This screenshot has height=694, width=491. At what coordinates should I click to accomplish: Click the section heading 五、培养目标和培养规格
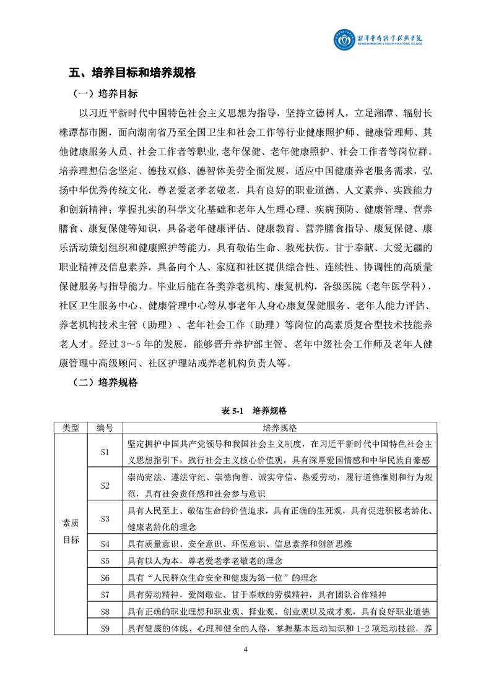[x=133, y=73]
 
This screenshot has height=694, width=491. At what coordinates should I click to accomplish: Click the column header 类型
[x=71, y=427]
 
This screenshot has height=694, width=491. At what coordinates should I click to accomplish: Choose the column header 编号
[x=105, y=427]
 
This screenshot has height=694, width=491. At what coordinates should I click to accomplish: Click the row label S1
[x=105, y=452]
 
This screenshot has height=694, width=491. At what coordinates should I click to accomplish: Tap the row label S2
[x=105, y=485]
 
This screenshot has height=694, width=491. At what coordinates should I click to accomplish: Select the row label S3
[x=105, y=518]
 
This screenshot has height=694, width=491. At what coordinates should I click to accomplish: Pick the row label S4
[x=105, y=544]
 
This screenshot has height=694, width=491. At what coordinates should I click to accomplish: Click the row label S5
[x=105, y=561]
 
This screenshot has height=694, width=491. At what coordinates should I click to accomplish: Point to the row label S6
[x=105, y=578]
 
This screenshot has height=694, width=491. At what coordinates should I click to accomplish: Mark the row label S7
[x=105, y=594]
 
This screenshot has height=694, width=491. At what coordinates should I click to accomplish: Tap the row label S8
[x=105, y=612]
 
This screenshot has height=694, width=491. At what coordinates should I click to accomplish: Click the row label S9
[x=105, y=628]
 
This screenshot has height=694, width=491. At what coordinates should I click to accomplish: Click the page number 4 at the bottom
[x=246, y=649]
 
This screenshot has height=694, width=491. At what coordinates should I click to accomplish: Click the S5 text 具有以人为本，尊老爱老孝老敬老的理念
[x=204, y=561]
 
